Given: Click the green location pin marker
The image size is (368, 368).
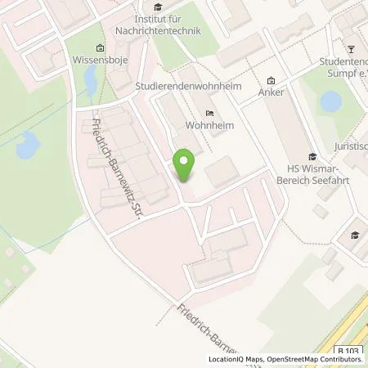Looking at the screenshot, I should click(185, 166).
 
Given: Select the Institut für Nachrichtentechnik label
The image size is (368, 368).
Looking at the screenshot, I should click(169, 25).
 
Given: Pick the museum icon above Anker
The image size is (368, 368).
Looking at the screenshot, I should click(271, 79).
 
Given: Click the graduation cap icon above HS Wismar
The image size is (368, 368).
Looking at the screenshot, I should click(311, 156).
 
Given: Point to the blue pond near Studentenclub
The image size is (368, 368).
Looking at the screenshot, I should click(330, 101).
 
